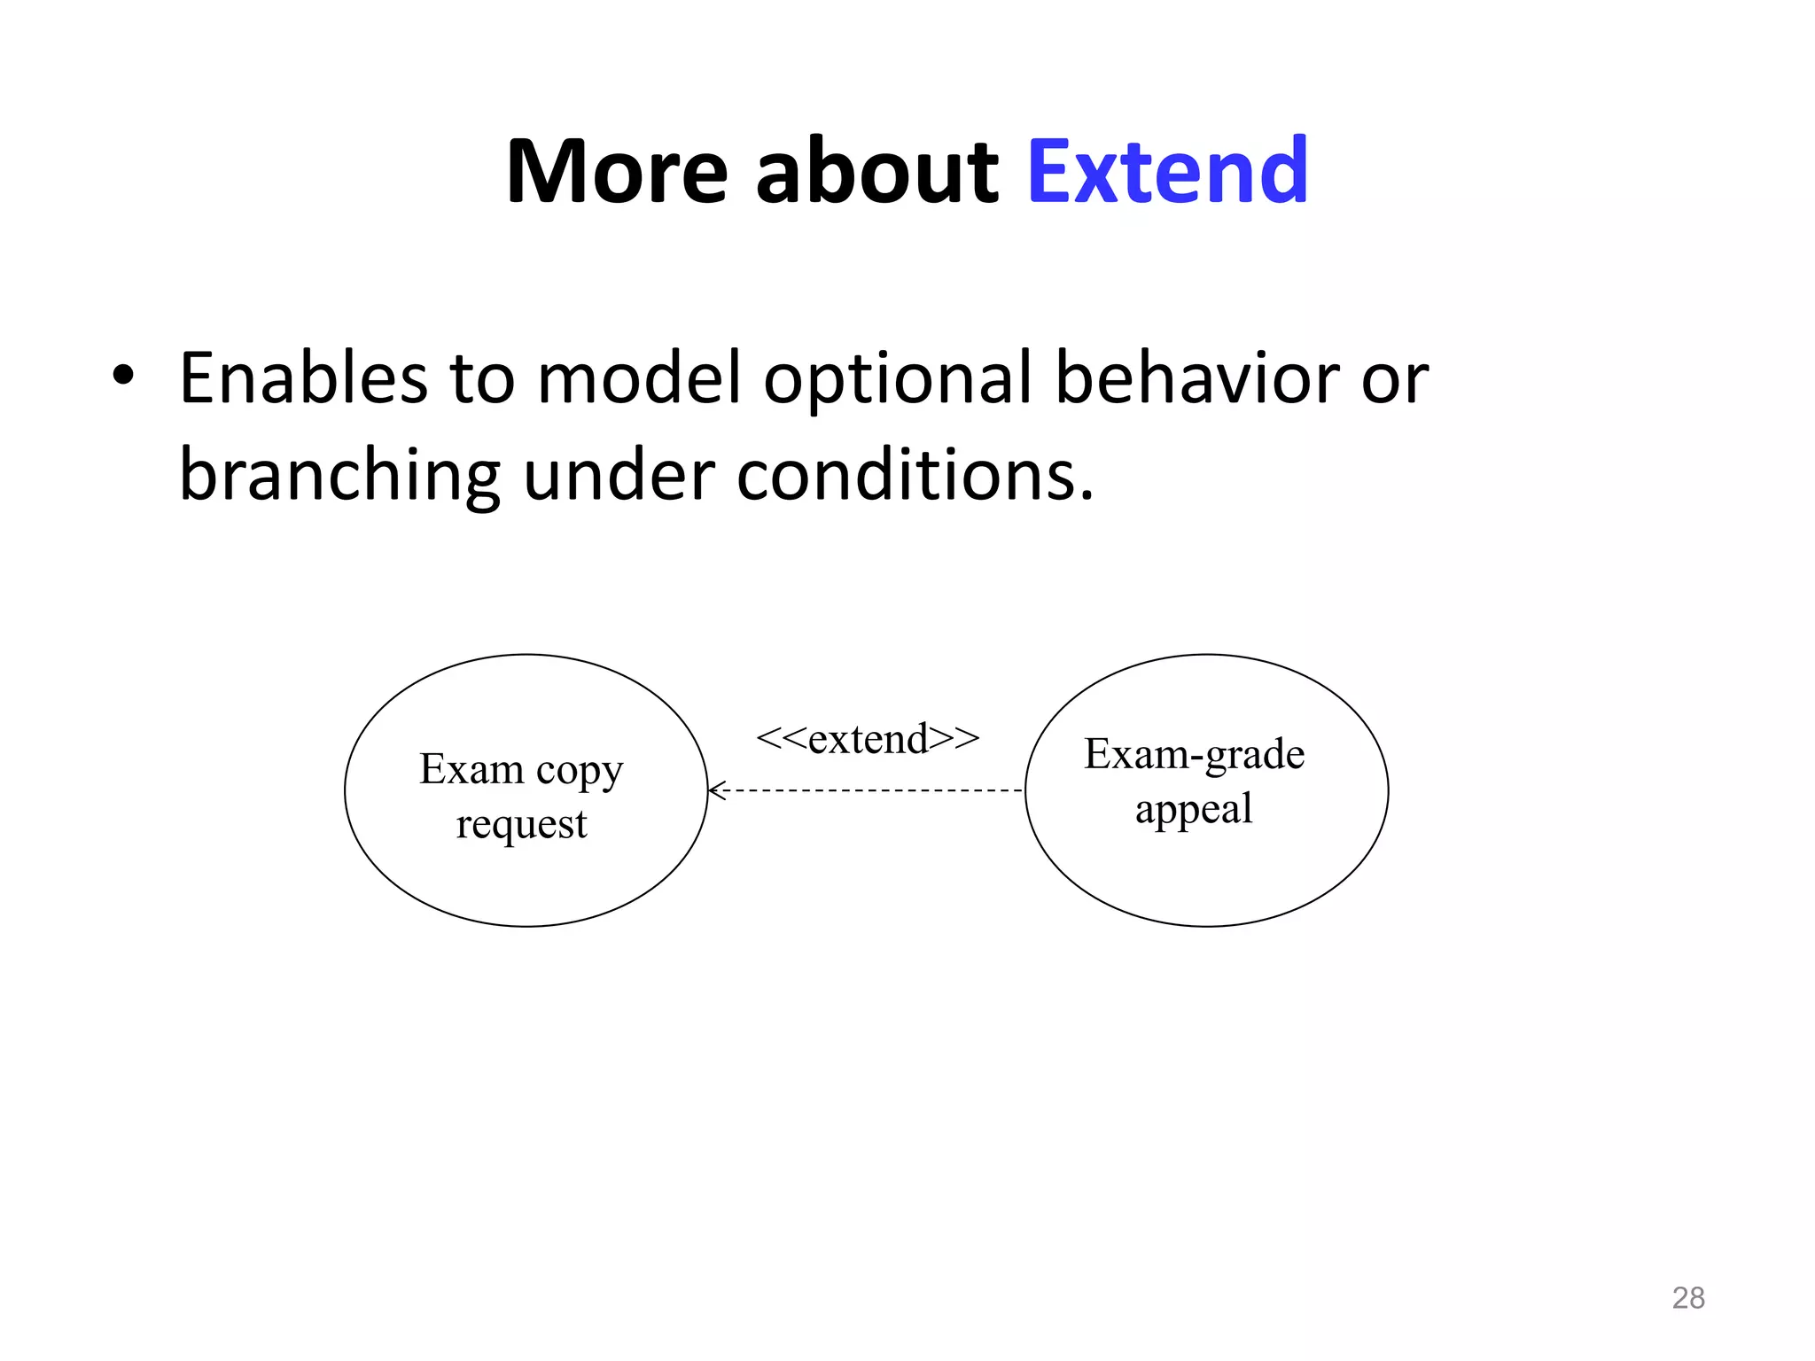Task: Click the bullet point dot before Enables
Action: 123,377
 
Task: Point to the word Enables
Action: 302,378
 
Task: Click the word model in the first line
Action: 639,378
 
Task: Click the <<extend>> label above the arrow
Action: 868,738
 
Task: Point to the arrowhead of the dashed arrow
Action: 716,790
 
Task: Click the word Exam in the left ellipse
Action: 471,769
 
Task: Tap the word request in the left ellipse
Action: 521,824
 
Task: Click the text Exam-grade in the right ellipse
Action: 1194,755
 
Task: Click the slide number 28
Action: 1687,1298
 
